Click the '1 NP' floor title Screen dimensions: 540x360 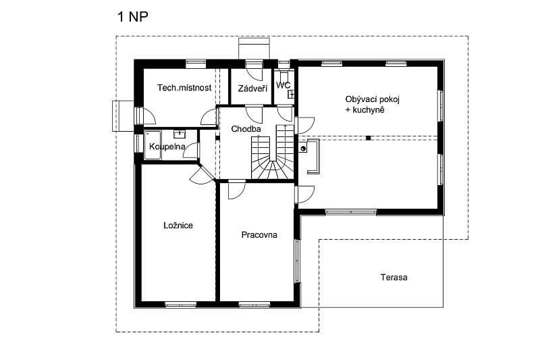tap(133, 16)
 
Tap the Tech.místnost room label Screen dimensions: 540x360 tap(184, 88)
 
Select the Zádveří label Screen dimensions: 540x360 tap(252, 88)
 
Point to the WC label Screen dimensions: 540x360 tap(283, 84)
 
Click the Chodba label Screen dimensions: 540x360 tap(246, 129)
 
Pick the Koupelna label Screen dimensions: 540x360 tap(167, 147)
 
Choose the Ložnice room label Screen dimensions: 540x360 tap(178, 226)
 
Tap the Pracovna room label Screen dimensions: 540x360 tap(259, 234)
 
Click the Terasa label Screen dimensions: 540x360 tap(394, 278)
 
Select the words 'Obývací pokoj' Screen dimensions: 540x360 tap(373, 99)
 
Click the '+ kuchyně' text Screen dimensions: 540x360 tap(364, 110)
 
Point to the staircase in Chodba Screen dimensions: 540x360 tap(273, 152)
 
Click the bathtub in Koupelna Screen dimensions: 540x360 tap(153, 145)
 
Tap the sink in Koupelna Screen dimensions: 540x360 tap(180, 134)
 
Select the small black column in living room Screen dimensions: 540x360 tap(368, 138)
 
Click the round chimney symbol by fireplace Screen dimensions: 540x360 tap(303, 149)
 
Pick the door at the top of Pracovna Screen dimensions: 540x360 tap(237, 190)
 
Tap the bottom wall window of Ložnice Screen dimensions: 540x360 tap(180, 305)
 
